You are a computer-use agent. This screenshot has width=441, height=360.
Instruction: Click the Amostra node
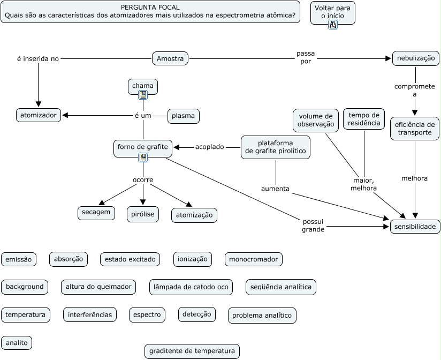point(170,58)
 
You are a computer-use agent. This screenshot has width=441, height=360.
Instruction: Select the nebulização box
point(416,58)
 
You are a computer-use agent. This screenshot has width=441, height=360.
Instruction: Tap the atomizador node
point(38,115)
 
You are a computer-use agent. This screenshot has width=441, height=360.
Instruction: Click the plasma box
point(183,116)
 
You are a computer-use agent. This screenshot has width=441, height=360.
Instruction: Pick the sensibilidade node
point(415,227)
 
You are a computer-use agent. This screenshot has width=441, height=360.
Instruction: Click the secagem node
point(96,213)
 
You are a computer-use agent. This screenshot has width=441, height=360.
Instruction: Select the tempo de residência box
point(364,119)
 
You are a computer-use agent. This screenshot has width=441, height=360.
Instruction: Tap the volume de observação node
point(316,121)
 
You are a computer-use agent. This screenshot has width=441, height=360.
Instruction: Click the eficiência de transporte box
point(415,129)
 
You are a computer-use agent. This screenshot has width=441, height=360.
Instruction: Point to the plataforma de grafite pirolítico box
point(276,147)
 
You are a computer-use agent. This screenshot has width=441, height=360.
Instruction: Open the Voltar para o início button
point(332,12)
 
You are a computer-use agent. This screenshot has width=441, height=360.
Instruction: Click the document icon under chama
point(143,95)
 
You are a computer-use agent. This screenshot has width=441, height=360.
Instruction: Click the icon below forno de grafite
point(143,157)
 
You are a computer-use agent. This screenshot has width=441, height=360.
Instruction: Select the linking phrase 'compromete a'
point(415,90)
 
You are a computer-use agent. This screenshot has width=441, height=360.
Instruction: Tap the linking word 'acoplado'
point(210,147)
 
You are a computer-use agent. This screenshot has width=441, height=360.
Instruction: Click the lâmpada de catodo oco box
point(191,287)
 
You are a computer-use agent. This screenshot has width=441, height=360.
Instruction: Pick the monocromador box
point(253,259)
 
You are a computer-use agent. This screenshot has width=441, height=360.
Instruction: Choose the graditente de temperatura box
point(192,351)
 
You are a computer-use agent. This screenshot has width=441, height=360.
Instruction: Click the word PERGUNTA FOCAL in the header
point(150,7)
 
